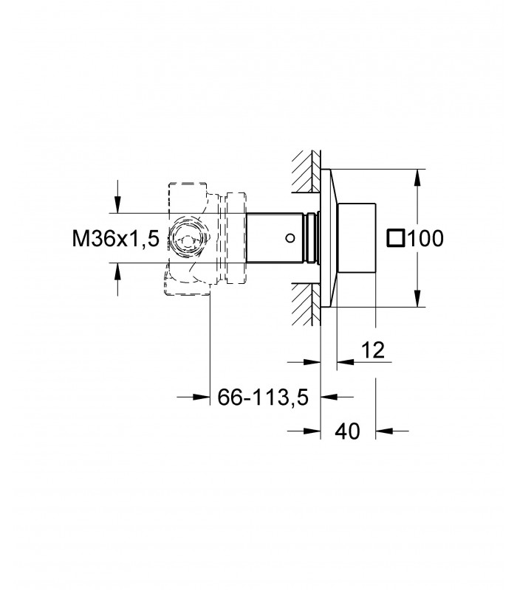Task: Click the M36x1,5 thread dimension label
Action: tap(116, 238)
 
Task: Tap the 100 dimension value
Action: tap(426, 238)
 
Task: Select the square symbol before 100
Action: tap(396, 238)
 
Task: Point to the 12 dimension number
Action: tap(373, 350)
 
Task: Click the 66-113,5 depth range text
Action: tap(263, 397)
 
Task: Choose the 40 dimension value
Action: tap(347, 431)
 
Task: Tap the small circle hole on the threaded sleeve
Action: tap(290, 237)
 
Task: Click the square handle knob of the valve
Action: tap(357, 237)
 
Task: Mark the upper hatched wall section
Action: tap(307, 171)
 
